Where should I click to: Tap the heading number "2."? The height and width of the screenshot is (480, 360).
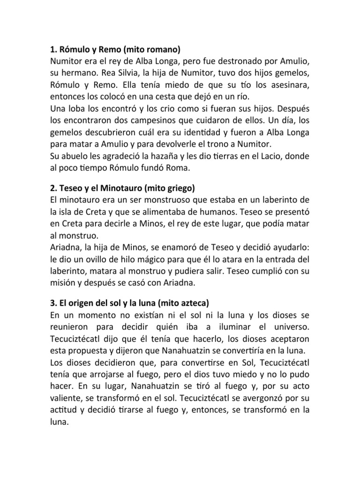pos(53,188)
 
